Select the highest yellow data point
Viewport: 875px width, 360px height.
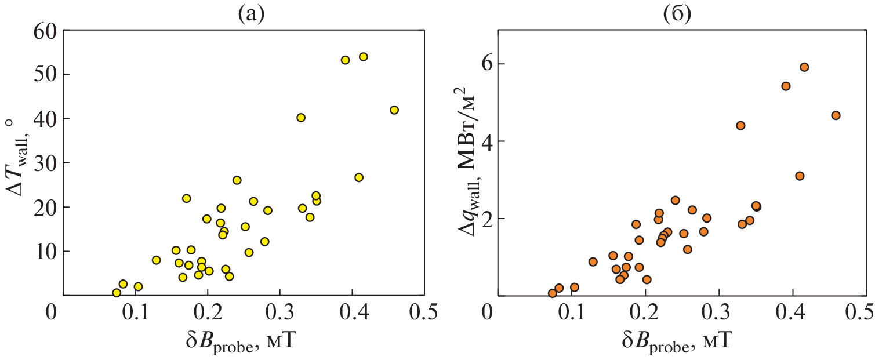point(364,57)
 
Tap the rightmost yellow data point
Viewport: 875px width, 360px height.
point(394,110)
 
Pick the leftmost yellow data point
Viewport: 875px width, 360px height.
point(117,293)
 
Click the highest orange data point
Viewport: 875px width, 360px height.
point(804,67)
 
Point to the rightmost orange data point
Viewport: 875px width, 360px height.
point(836,115)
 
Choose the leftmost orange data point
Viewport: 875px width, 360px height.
point(552,293)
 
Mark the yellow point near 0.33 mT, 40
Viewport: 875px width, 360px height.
point(301,118)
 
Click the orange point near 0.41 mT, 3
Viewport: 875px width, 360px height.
point(800,176)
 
